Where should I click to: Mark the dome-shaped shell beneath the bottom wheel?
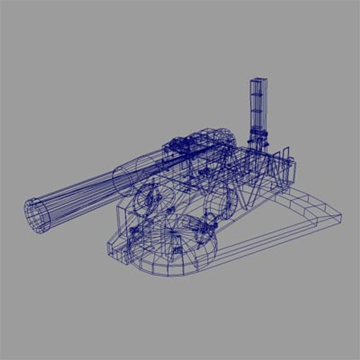click(167, 263)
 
